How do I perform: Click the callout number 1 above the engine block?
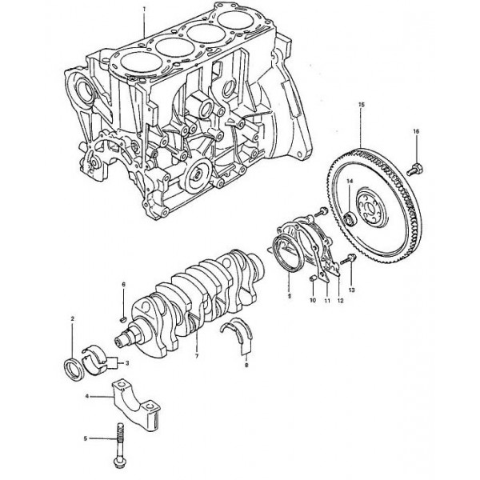[x=144, y=9]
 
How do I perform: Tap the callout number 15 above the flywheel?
[x=362, y=106]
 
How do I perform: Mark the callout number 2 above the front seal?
[x=73, y=319]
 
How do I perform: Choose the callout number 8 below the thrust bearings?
[x=246, y=364]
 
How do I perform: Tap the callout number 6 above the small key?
[x=124, y=284]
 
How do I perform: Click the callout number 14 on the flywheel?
[x=350, y=182]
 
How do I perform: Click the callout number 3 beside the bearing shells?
[x=127, y=362]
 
